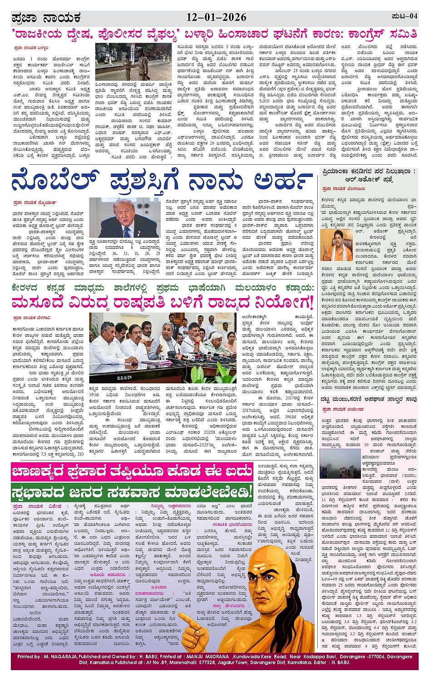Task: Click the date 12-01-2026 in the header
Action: coord(217,17)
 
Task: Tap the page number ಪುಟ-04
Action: coord(404,16)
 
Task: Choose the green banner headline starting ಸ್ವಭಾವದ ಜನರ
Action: coord(131,491)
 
